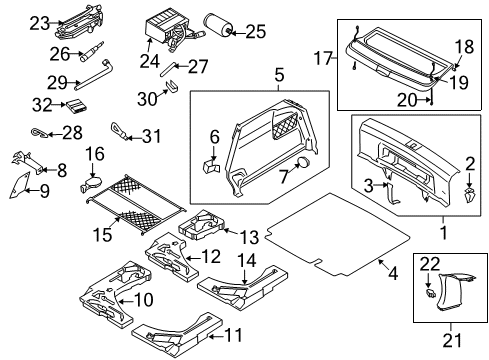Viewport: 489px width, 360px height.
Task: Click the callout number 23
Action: (40, 24)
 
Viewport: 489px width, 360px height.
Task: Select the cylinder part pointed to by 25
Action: (218, 24)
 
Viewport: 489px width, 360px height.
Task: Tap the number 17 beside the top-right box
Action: (324, 58)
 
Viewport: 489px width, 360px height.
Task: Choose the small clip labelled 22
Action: (431, 293)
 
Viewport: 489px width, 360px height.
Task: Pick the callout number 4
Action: (393, 274)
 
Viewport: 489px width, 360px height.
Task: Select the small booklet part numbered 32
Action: (76, 106)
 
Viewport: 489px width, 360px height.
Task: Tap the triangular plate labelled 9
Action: (18, 186)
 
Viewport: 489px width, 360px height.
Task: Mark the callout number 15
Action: (102, 234)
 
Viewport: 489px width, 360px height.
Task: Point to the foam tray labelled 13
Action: (202, 225)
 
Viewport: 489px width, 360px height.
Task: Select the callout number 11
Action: (233, 335)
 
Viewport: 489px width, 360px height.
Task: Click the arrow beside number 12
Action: (193, 258)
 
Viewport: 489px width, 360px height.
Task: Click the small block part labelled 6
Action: (211, 166)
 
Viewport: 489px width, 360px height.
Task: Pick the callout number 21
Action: (452, 340)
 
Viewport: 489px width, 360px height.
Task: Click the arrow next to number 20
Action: (423, 99)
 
